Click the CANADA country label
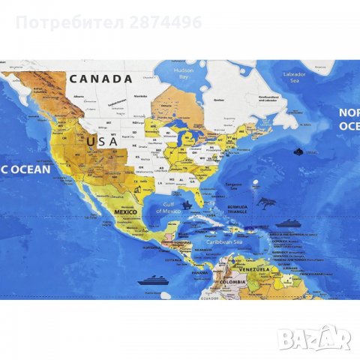tap(100, 78)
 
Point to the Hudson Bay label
tap(184, 73)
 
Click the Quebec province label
tap(220, 98)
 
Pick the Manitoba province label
tap(139, 96)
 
